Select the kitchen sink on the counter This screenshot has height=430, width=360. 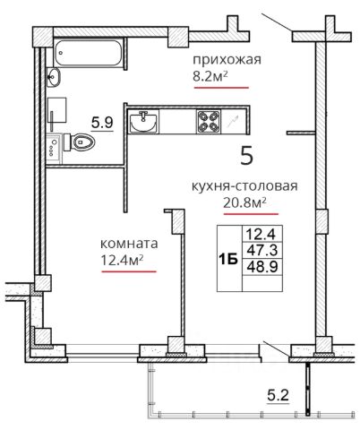point(143,122)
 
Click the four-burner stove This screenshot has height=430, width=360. point(209,122)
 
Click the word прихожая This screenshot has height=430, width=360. point(224,60)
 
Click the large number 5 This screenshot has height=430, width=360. point(247,157)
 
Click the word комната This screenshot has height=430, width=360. point(129,243)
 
